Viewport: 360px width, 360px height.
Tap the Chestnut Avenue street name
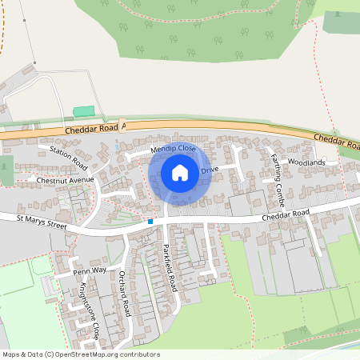point(66,180)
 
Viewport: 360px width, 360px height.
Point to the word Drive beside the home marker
point(210,170)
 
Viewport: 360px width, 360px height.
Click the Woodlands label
point(307,162)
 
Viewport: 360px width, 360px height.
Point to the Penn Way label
point(90,271)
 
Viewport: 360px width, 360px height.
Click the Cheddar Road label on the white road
point(285,216)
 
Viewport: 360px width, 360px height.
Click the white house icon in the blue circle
point(180,172)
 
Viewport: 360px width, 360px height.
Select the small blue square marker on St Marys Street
point(150,221)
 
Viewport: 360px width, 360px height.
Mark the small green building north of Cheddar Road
point(83,111)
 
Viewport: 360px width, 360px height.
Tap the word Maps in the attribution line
point(11,354)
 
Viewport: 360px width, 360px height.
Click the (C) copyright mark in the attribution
point(50,354)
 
